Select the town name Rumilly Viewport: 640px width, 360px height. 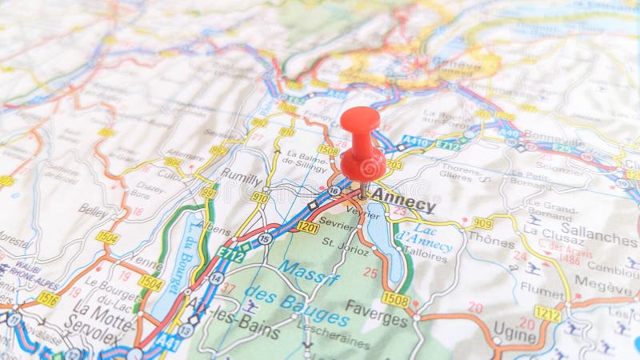pyautogui.click(x=241, y=179)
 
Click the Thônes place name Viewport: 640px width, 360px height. pyautogui.click(x=490, y=241)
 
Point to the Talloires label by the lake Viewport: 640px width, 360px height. pyautogui.click(x=425, y=250)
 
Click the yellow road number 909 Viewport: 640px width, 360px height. pyautogui.click(x=482, y=222)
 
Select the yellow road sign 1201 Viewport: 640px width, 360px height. pyautogui.click(x=307, y=226)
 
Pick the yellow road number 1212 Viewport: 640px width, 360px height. pyautogui.click(x=547, y=313)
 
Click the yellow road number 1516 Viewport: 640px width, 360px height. pyautogui.click(x=47, y=299)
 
